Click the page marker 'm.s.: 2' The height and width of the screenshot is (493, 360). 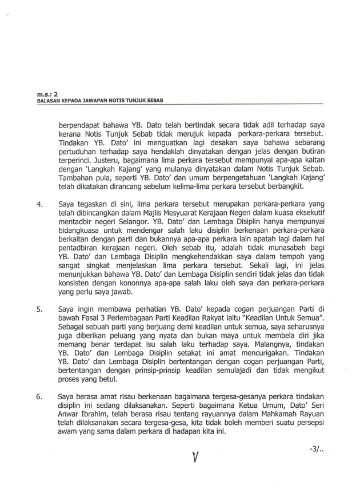(x=43, y=91)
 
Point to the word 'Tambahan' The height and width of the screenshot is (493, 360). (x=78, y=177)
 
